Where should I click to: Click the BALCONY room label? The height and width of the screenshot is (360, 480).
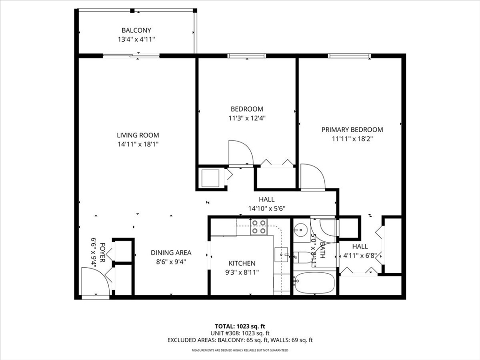tap(136, 30)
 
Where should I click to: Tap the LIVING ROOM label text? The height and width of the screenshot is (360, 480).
tap(138, 135)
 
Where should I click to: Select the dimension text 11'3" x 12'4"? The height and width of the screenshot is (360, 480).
tap(247, 118)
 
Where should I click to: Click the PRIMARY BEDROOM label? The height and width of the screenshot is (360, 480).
tap(352, 130)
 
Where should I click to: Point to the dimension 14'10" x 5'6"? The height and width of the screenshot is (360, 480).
tap(267, 209)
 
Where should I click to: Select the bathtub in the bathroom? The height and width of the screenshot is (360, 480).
tap(314, 283)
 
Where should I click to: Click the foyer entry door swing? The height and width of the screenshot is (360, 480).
tap(96, 281)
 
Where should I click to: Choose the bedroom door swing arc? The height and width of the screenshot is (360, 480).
tap(240, 153)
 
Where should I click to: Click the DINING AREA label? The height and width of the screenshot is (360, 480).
tap(171, 253)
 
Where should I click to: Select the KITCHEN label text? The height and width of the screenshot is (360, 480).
tap(242, 263)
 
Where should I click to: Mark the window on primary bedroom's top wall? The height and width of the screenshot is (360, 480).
tap(349, 56)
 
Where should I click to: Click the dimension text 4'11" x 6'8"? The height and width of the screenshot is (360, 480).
tap(360, 255)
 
